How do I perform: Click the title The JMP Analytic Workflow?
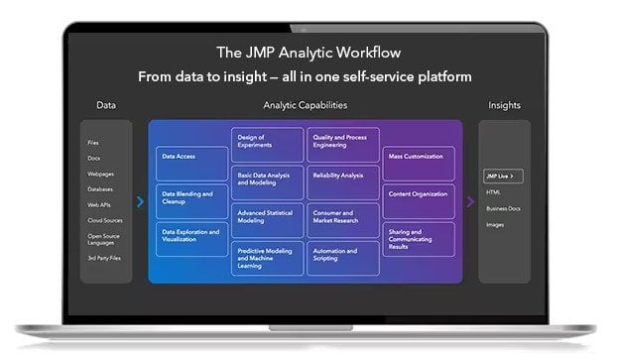pos(308,51)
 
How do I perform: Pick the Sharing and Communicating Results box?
pos(420,238)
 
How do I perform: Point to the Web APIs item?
pos(98,204)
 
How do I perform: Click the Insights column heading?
pos(504,105)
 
